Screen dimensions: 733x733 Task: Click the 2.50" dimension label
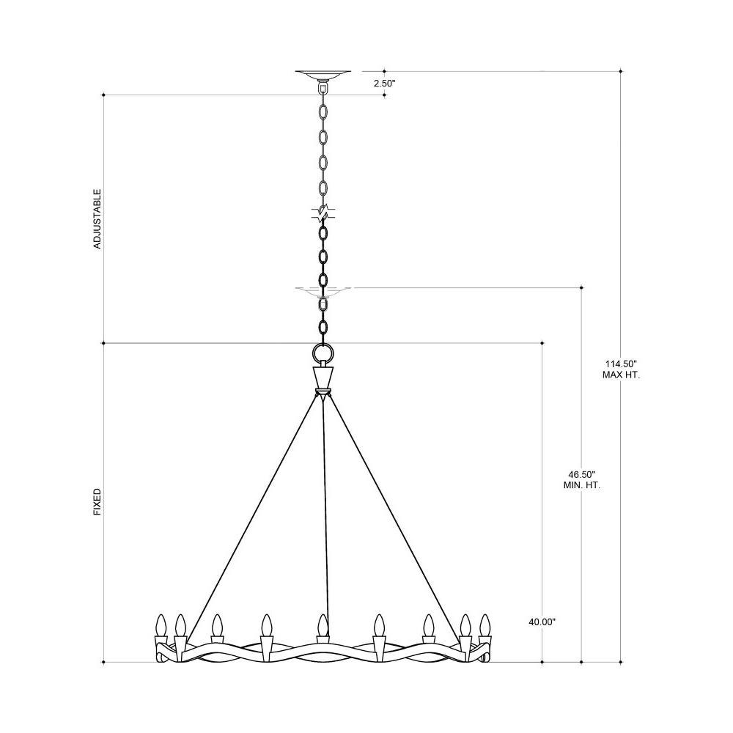pos(384,84)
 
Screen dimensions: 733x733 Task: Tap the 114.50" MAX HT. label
pos(621,369)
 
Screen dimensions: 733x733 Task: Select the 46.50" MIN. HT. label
pos(581,479)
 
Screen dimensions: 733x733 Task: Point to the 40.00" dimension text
pos(542,622)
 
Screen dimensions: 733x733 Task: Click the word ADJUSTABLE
pos(97,218)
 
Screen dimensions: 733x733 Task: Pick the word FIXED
pos(97,502)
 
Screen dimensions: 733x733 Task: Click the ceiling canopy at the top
pos(323,75)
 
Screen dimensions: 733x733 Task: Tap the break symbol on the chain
pos(323,213)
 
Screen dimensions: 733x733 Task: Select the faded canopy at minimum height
pos(323,292)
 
